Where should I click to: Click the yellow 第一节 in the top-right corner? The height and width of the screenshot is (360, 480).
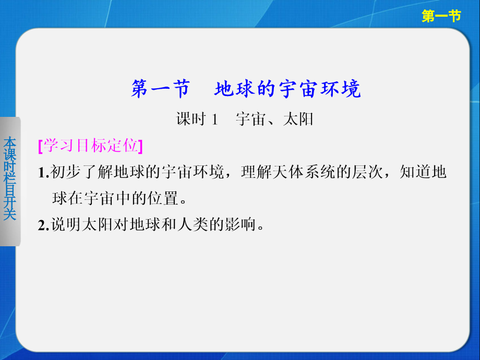441,17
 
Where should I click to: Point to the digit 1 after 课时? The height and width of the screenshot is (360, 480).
213,120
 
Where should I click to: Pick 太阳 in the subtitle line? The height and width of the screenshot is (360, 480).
298,119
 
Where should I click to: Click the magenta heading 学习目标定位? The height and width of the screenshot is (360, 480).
90,146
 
